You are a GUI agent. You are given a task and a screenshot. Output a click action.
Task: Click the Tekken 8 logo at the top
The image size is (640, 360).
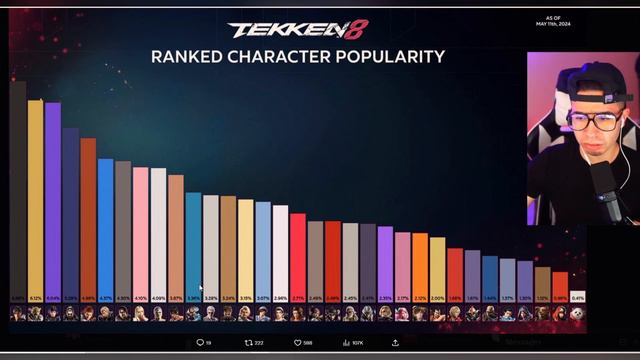(x=297, y=30)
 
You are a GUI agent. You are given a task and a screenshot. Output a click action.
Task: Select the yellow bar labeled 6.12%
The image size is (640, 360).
(x=35, y=200)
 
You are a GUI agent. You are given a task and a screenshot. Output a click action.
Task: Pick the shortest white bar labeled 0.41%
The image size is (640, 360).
(x=578, y=296)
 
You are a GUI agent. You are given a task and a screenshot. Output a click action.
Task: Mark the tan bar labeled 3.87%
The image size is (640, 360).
(x=175, y=237)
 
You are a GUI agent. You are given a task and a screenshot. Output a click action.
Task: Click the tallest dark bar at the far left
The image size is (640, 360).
(x=18, y=190)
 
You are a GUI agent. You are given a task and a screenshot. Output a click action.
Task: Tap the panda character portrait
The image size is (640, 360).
(x=578, y=313)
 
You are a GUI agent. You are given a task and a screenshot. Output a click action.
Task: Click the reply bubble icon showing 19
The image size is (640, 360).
(x=199, y=343)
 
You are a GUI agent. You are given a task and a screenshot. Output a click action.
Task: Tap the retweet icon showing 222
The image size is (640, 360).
(x=248, y=343)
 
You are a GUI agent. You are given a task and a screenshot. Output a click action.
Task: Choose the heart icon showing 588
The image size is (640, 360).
(x=297, y=343)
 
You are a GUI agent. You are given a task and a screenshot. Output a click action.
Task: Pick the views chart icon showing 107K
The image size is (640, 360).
(x=346, y=343)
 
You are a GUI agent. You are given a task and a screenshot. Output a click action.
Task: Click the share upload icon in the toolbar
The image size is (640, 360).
(x=395, y=343)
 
